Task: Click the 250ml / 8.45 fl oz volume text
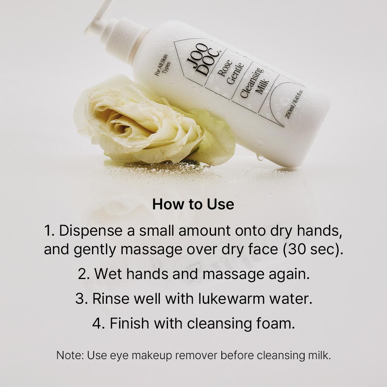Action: click(x=294, y=104)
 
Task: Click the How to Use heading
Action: click(x=193, y=204)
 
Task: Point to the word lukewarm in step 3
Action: click(x=231, y=299)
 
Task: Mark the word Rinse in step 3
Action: click(x=111, y=299)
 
